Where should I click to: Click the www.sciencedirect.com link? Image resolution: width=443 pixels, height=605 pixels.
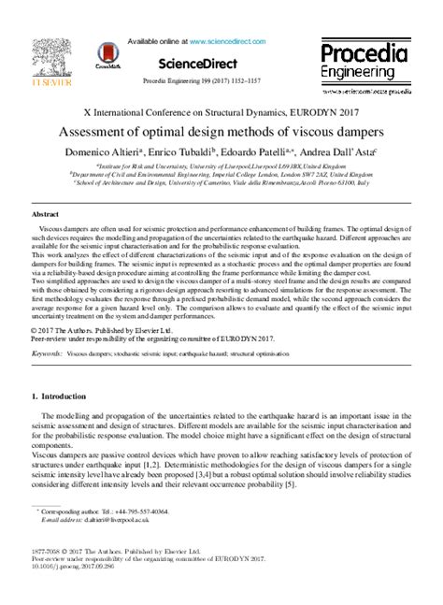pyautogui.click(x=229, y=42)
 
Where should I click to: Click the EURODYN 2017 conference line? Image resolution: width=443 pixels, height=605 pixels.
pyautogui.click(x=221, y=111)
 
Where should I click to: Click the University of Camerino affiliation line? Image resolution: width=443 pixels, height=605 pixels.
pyautogui.click(x=221, y=183)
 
